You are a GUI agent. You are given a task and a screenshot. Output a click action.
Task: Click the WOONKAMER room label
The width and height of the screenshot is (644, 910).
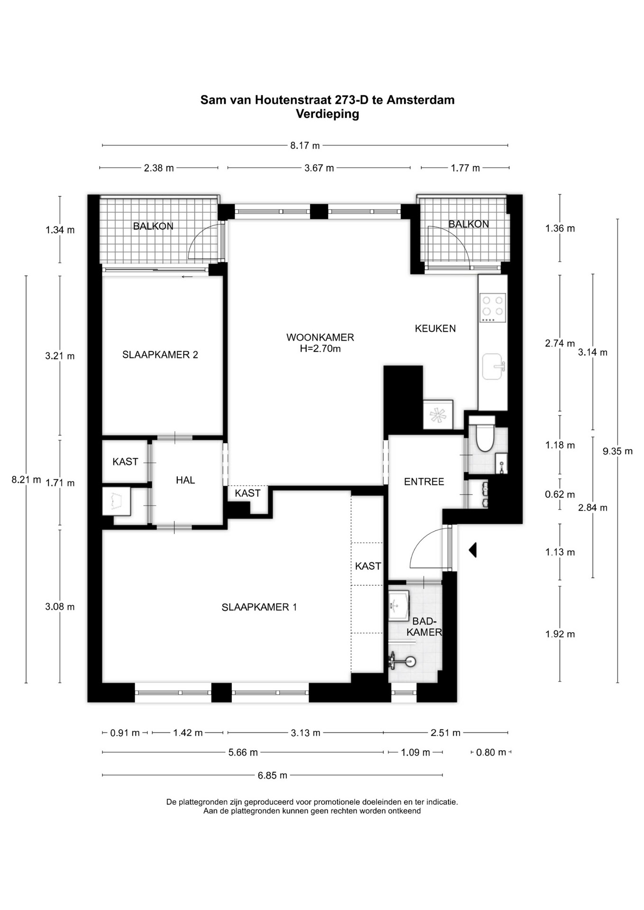320,337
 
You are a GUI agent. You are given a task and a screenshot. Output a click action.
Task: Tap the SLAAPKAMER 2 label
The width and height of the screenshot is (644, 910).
160,355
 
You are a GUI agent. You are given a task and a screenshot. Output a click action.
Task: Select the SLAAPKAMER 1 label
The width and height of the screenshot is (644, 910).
259,607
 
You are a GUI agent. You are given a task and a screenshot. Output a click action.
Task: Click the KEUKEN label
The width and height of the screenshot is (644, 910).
435,328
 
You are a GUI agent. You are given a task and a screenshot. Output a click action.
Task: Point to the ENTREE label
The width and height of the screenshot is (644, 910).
424,482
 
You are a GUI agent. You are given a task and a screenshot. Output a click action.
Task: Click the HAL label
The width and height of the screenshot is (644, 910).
185,480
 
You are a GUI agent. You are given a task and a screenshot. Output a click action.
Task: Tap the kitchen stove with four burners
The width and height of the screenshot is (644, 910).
493,308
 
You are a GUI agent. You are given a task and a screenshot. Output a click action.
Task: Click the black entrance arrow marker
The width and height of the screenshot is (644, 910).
472,550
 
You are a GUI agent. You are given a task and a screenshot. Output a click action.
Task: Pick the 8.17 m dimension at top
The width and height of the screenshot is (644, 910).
305,146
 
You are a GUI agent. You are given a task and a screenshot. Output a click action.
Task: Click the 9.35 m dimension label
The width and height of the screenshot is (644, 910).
617,451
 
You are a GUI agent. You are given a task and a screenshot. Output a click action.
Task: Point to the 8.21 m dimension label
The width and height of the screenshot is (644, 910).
26,480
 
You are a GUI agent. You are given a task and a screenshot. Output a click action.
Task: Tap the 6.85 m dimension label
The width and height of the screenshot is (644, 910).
273,775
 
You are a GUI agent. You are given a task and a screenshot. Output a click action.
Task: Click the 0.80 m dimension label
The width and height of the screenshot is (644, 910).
491,752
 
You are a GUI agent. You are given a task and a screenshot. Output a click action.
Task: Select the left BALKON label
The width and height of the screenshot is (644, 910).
153,226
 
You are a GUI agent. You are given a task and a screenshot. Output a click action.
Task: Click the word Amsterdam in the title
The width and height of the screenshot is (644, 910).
421,100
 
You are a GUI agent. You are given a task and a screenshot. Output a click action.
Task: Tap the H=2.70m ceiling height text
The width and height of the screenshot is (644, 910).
320,349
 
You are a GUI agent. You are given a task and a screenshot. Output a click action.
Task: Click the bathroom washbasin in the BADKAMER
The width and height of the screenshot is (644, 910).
398,605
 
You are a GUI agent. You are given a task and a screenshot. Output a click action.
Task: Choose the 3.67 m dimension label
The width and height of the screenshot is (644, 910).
319,168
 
